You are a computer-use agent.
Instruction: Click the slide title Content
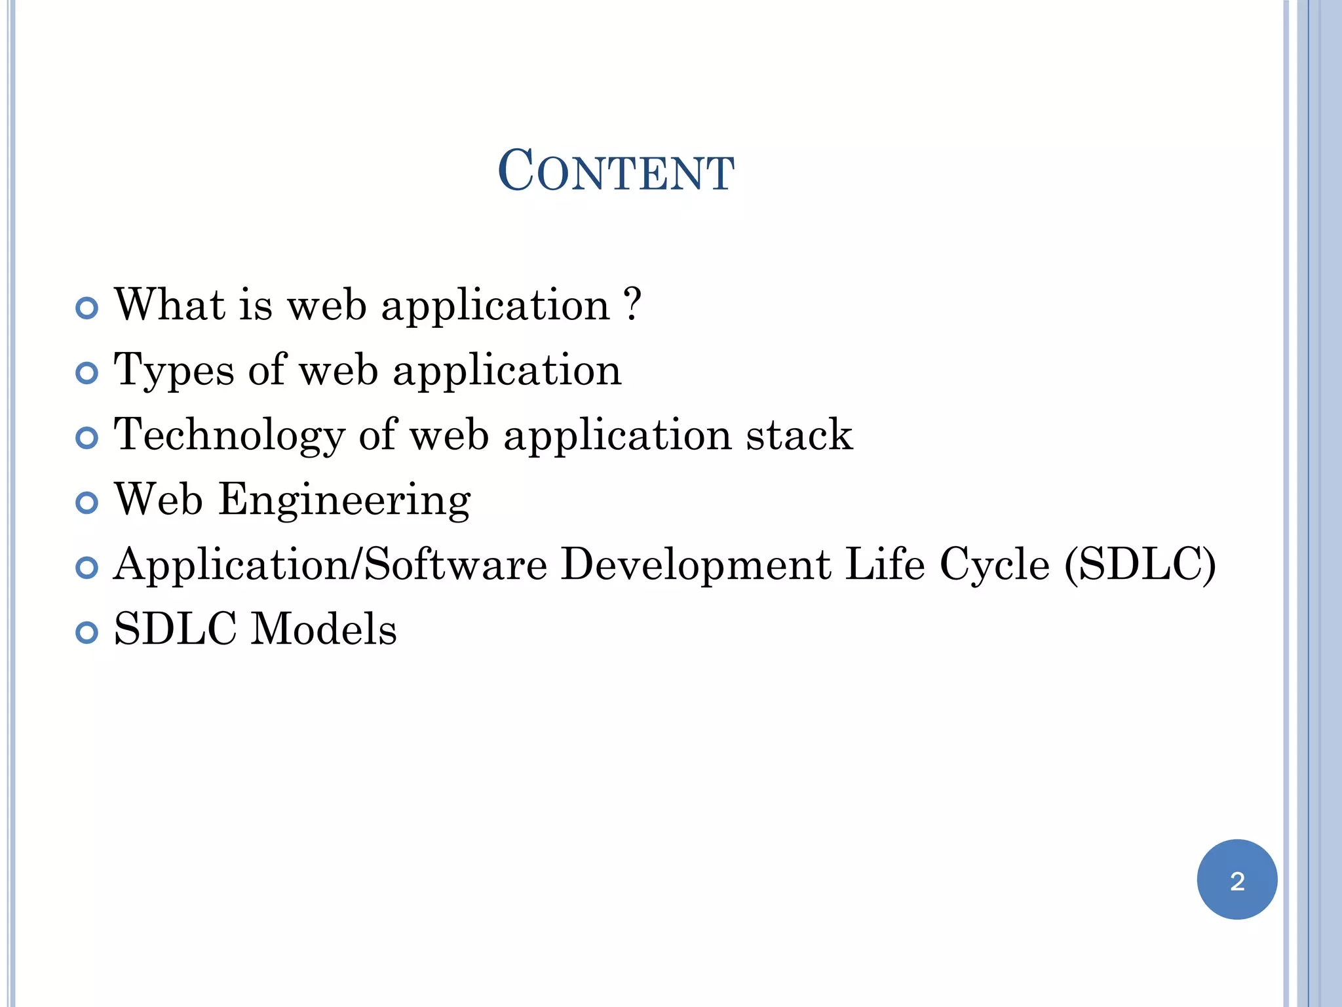[x=615, y=171]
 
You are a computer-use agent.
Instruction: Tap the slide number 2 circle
[x=1237, y=880]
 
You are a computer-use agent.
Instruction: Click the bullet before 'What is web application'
[x=86, y=307]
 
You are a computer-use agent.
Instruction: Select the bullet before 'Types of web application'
[x=86, y=373]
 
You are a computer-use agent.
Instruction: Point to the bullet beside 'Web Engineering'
[x=86, y=503]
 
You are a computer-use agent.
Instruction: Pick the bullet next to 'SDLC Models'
[x=86, y=633]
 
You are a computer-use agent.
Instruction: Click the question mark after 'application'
[x=632, y=304]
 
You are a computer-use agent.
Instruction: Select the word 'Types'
[x=174, y=371]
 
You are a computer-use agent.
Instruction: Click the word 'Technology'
[x=229, y=436]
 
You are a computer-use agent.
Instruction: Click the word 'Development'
[x=696, y=564]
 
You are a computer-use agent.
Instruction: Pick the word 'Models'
[x=324, y=629]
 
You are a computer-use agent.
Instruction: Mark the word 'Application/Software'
[x=330, y=564]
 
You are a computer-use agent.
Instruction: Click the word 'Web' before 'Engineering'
[x=159, y=500]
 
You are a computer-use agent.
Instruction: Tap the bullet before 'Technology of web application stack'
[x=86, y=438]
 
